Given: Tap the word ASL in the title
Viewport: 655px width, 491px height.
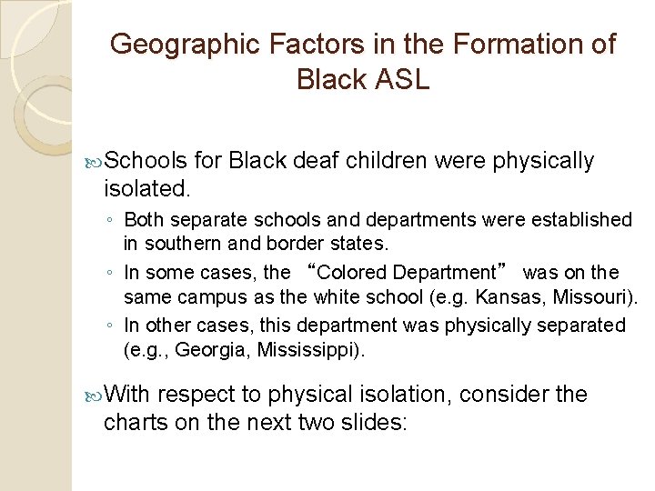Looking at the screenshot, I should (398, 79).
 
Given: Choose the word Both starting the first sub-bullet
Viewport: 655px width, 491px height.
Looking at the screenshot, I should (143, 220).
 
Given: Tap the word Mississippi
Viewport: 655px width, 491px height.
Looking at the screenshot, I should (307, 350).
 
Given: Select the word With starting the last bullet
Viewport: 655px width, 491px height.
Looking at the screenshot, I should (129, 395).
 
